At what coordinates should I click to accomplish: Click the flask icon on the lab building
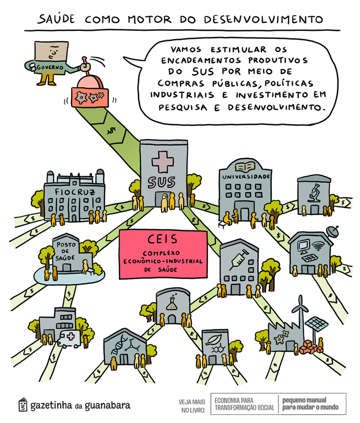click(x=173, y=304)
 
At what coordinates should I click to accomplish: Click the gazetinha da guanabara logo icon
click(x=23, y=404)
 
